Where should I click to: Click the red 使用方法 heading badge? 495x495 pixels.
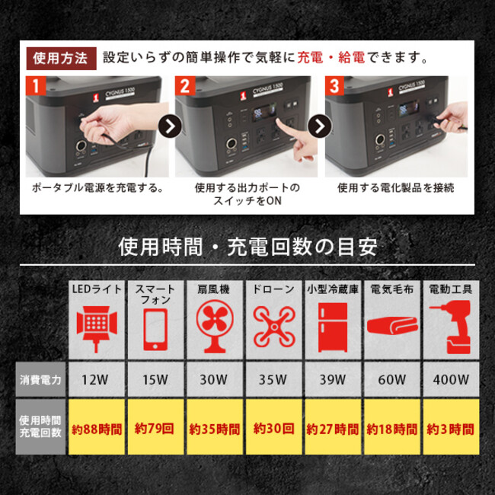click(x=61, y=59)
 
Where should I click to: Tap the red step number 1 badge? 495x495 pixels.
click(x=36, y=85)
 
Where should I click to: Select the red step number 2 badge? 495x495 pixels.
click(x=185, y=85)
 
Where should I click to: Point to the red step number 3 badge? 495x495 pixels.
click(x=334, y=85)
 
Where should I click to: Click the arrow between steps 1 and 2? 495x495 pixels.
click(x=170, y=126)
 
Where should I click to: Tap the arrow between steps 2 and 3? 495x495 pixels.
click(x=320, y=126)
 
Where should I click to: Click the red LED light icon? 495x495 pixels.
click(x=97, y=329)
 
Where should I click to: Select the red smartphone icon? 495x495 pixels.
click(x=155, y=330)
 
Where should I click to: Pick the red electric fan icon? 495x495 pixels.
click(x=215, y=327)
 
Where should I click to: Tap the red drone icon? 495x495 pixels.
click(x=274, y=327)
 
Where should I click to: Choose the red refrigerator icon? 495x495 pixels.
click(x=333, y=327)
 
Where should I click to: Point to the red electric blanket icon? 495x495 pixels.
click(x=392, y=327)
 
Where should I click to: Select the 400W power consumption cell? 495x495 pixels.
click(x=451, y=379)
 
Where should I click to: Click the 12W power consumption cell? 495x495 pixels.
click(x=97, y=379)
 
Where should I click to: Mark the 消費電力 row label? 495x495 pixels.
click(x=40, y=379)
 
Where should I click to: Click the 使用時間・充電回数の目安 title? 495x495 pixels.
click(x=247, y=247)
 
